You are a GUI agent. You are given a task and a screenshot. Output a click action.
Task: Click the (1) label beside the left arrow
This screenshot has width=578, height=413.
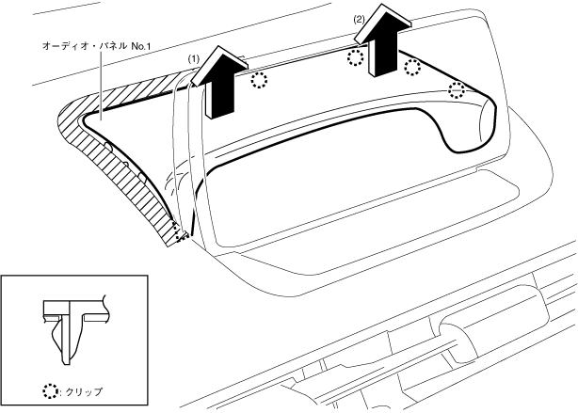point(193,58)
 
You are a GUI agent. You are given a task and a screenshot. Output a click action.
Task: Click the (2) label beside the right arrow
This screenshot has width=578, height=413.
point(359,20)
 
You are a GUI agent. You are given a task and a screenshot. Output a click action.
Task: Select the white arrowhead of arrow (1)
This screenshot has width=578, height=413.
point(219,65)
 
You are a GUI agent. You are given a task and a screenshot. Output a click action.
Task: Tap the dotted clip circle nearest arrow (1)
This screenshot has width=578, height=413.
point(259,80)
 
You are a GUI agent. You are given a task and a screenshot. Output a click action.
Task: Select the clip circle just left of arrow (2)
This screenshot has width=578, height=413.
point(355,57)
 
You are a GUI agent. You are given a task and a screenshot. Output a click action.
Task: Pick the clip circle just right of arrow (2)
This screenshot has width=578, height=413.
point(412,68)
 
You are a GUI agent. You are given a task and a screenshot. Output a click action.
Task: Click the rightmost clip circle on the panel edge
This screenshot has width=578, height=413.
point(457,89)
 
